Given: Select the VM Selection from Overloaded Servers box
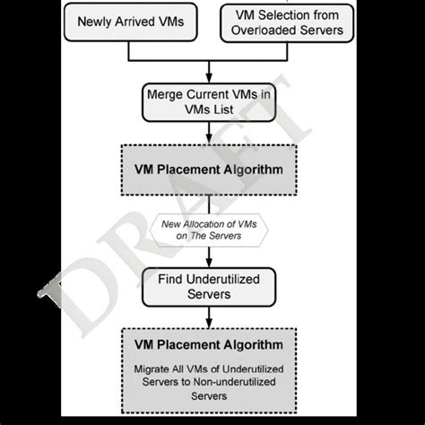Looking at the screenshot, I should pos(288,22).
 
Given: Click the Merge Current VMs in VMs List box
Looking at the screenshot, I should pos(208,101).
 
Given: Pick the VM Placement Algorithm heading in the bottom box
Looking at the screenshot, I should pos(208,344).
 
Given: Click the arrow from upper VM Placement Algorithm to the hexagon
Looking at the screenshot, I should pos(208,203).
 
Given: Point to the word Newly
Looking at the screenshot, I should pos(100,22).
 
